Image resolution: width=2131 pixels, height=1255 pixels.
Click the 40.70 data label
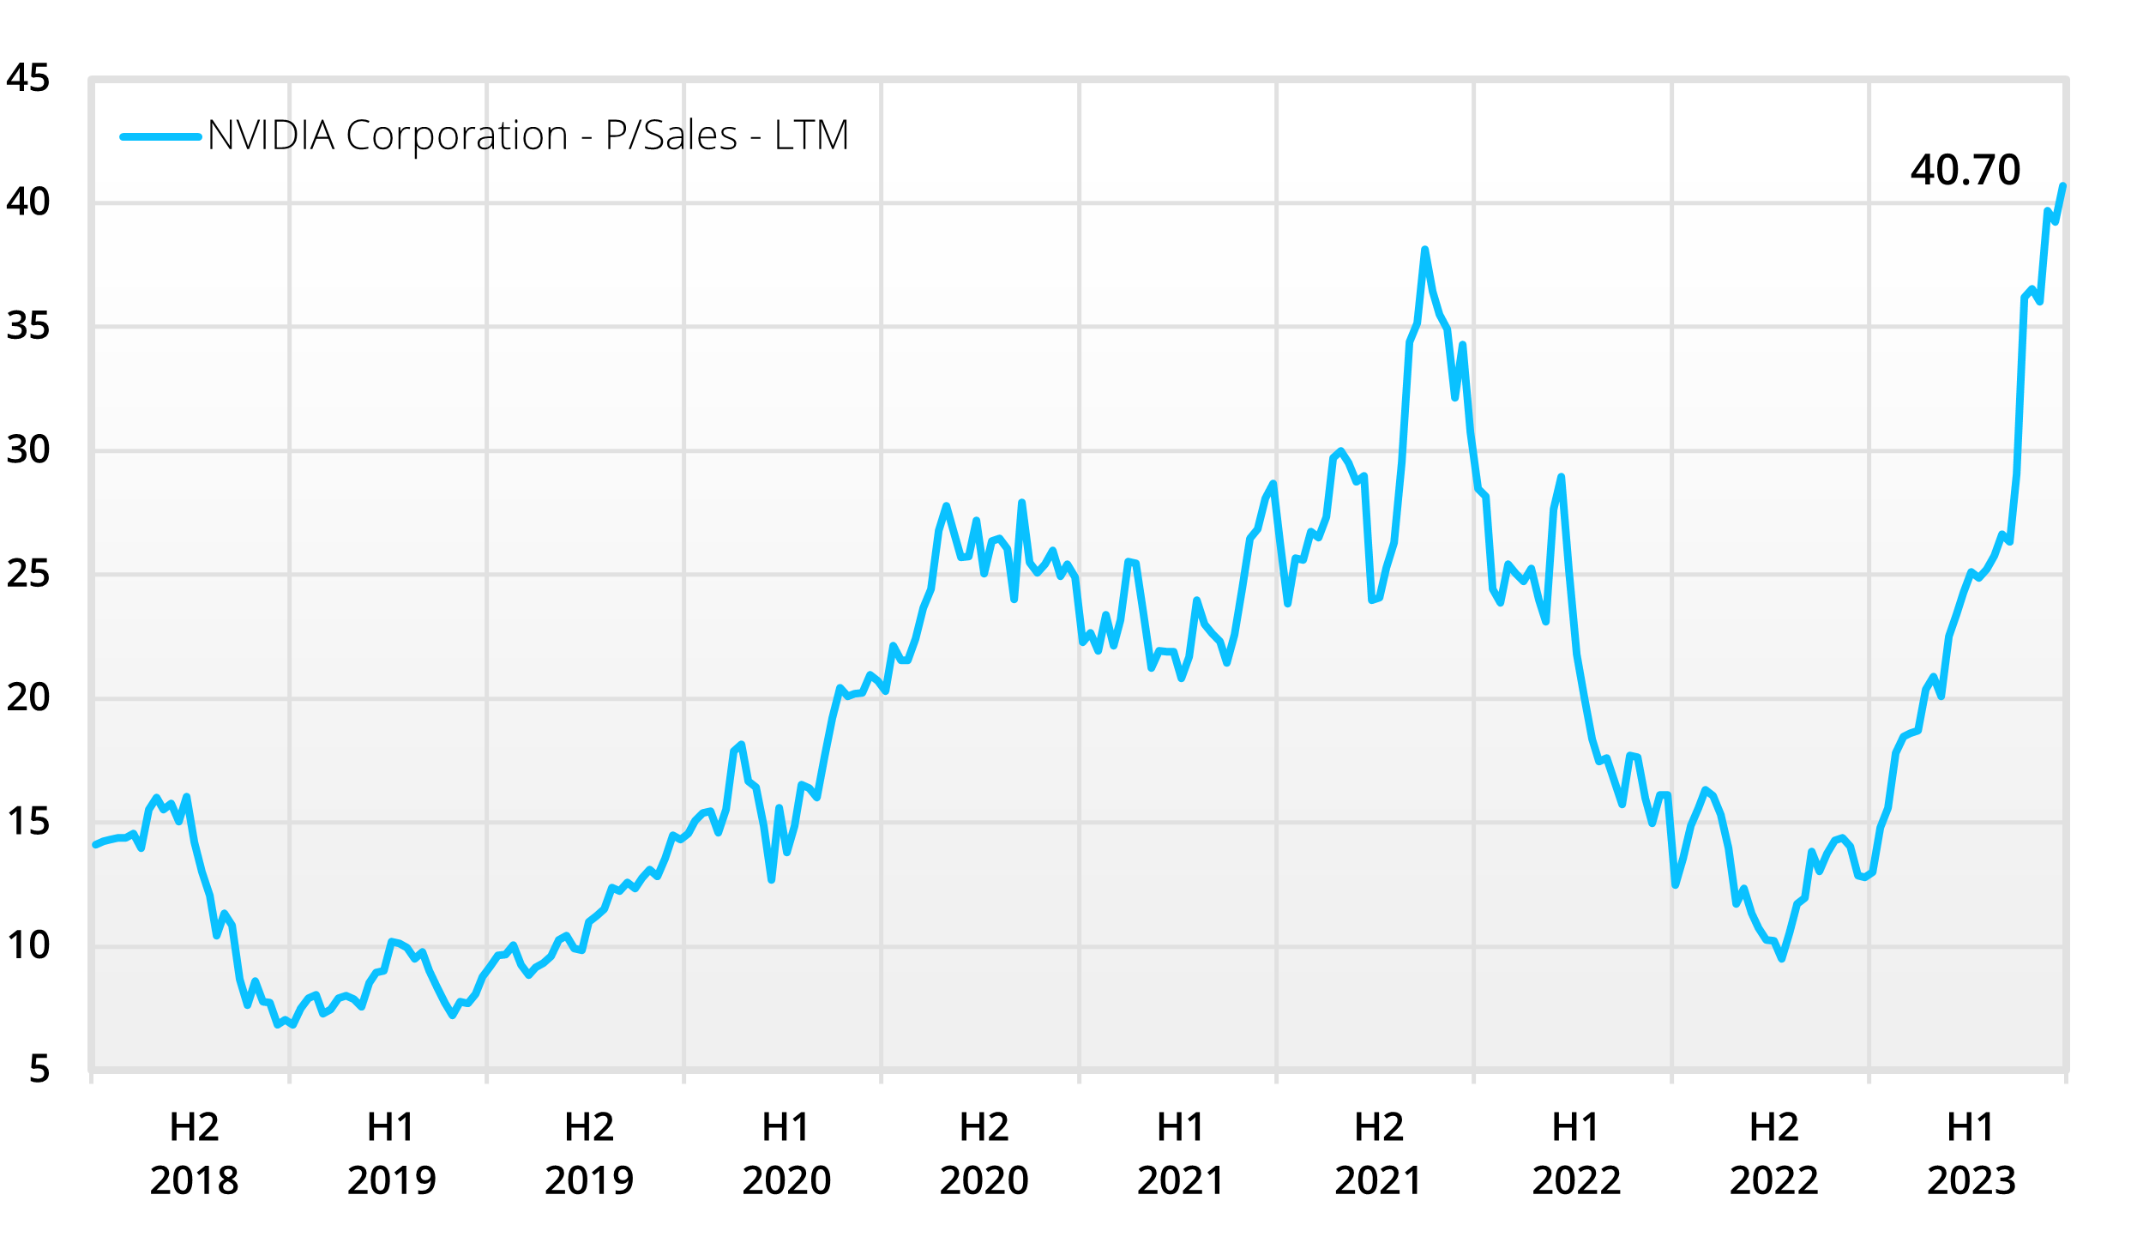point(1965,170)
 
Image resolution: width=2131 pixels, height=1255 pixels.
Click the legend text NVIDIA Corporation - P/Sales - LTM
point(528,136)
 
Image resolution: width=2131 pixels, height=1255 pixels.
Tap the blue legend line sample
point(161,136)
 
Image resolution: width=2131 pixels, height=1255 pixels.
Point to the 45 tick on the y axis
point(28,79)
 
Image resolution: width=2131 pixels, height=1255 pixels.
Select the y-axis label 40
point(28,202)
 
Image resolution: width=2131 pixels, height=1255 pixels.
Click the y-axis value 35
point(28,327)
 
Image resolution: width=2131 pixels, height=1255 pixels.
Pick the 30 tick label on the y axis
point(28,450)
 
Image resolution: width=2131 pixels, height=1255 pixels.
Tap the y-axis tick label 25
point(28,574)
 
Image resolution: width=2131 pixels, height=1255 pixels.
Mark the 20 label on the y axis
point(28,698)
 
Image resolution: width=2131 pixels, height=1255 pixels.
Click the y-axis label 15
point(28,822)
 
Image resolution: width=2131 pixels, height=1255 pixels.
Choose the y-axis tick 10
point(28,945)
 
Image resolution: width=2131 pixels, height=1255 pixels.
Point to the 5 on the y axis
point(39,1070)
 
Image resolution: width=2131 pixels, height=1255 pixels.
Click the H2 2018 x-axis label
point(194,1154)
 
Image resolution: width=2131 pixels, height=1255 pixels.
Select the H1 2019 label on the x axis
point(392,1154)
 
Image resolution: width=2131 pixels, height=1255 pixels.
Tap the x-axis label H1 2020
point(786,1154)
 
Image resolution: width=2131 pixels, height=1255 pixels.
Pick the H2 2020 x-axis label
point(984,1154)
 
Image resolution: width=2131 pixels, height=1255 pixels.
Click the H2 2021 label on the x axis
point(1379,1154)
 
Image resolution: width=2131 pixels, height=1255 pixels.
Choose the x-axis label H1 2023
point(1971,1154)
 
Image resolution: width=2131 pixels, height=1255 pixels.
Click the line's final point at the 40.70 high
point(2063,186)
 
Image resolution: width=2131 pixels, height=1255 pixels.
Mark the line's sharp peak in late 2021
point(1424,250)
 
